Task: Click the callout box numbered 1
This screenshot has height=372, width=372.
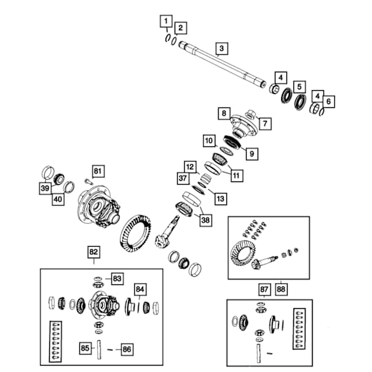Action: click(166, 21)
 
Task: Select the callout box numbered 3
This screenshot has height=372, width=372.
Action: click(222, 49)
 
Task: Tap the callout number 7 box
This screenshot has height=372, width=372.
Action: click(265, 123)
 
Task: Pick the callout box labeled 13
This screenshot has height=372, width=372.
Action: click(221, 199)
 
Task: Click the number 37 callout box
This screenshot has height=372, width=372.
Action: click(183, 178)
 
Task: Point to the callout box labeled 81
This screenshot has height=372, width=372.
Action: click(98, 171)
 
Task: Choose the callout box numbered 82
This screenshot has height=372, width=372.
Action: click(94, 252)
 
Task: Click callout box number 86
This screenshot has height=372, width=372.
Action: click(127, 349)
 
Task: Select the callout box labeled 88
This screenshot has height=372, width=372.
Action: click(281, 289)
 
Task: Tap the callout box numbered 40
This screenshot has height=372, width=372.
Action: click(58, 199)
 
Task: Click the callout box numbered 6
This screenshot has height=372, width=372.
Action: click(329, 102)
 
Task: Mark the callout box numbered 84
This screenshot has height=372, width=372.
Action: click(140, 290)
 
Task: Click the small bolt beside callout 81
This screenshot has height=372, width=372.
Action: click(88, 182)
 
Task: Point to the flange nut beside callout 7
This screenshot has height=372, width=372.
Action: click(251, 115)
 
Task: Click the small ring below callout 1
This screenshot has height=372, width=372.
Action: click(167, 38)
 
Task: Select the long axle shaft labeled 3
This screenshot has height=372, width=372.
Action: click(222, 65)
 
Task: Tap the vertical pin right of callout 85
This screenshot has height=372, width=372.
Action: click(99, 350)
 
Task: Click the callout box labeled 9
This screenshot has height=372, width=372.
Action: click(252, 154)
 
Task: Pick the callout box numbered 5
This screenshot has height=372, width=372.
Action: click(299, 87)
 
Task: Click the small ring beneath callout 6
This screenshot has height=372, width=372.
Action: click(322, 112)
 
